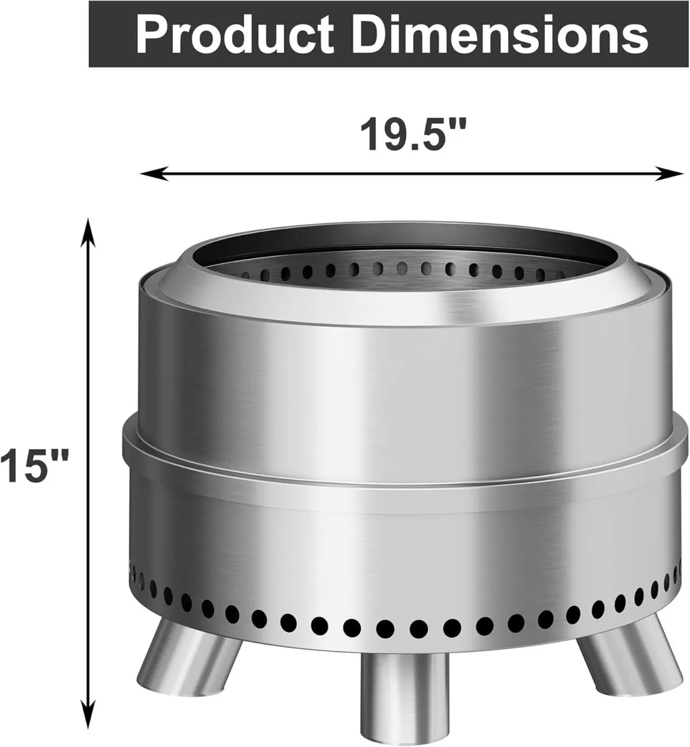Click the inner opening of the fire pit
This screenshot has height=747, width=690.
[x=404, y=249]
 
